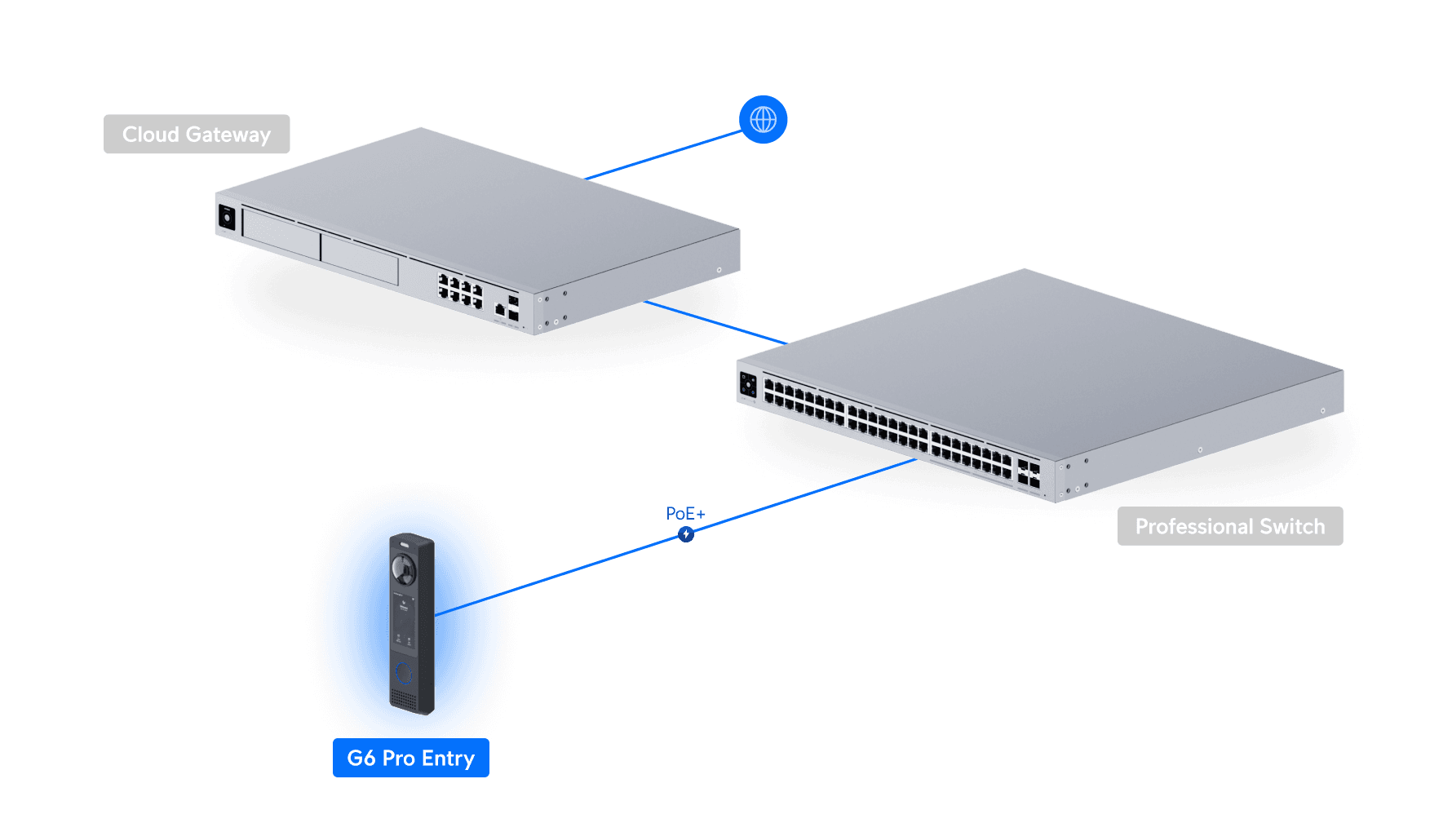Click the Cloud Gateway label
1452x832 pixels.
click(197, 135)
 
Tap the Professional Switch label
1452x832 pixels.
click(1229, 526)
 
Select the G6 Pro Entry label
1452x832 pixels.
click(410, 758)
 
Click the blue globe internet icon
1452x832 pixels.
click(763, 120)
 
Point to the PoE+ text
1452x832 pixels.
click(684, 514)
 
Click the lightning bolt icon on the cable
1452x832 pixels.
click(686, 534)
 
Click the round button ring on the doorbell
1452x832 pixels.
click(404, 672)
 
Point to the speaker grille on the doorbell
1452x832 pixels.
click(403, 699)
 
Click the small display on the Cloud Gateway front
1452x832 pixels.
click(227, 218)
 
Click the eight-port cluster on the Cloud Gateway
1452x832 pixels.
click(460, 291)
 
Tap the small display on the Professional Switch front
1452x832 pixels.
click(748, 385)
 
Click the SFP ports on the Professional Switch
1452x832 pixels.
click(1029, 475)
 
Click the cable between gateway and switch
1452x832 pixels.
click(714, 322)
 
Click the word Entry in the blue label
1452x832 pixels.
click(448, 758)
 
